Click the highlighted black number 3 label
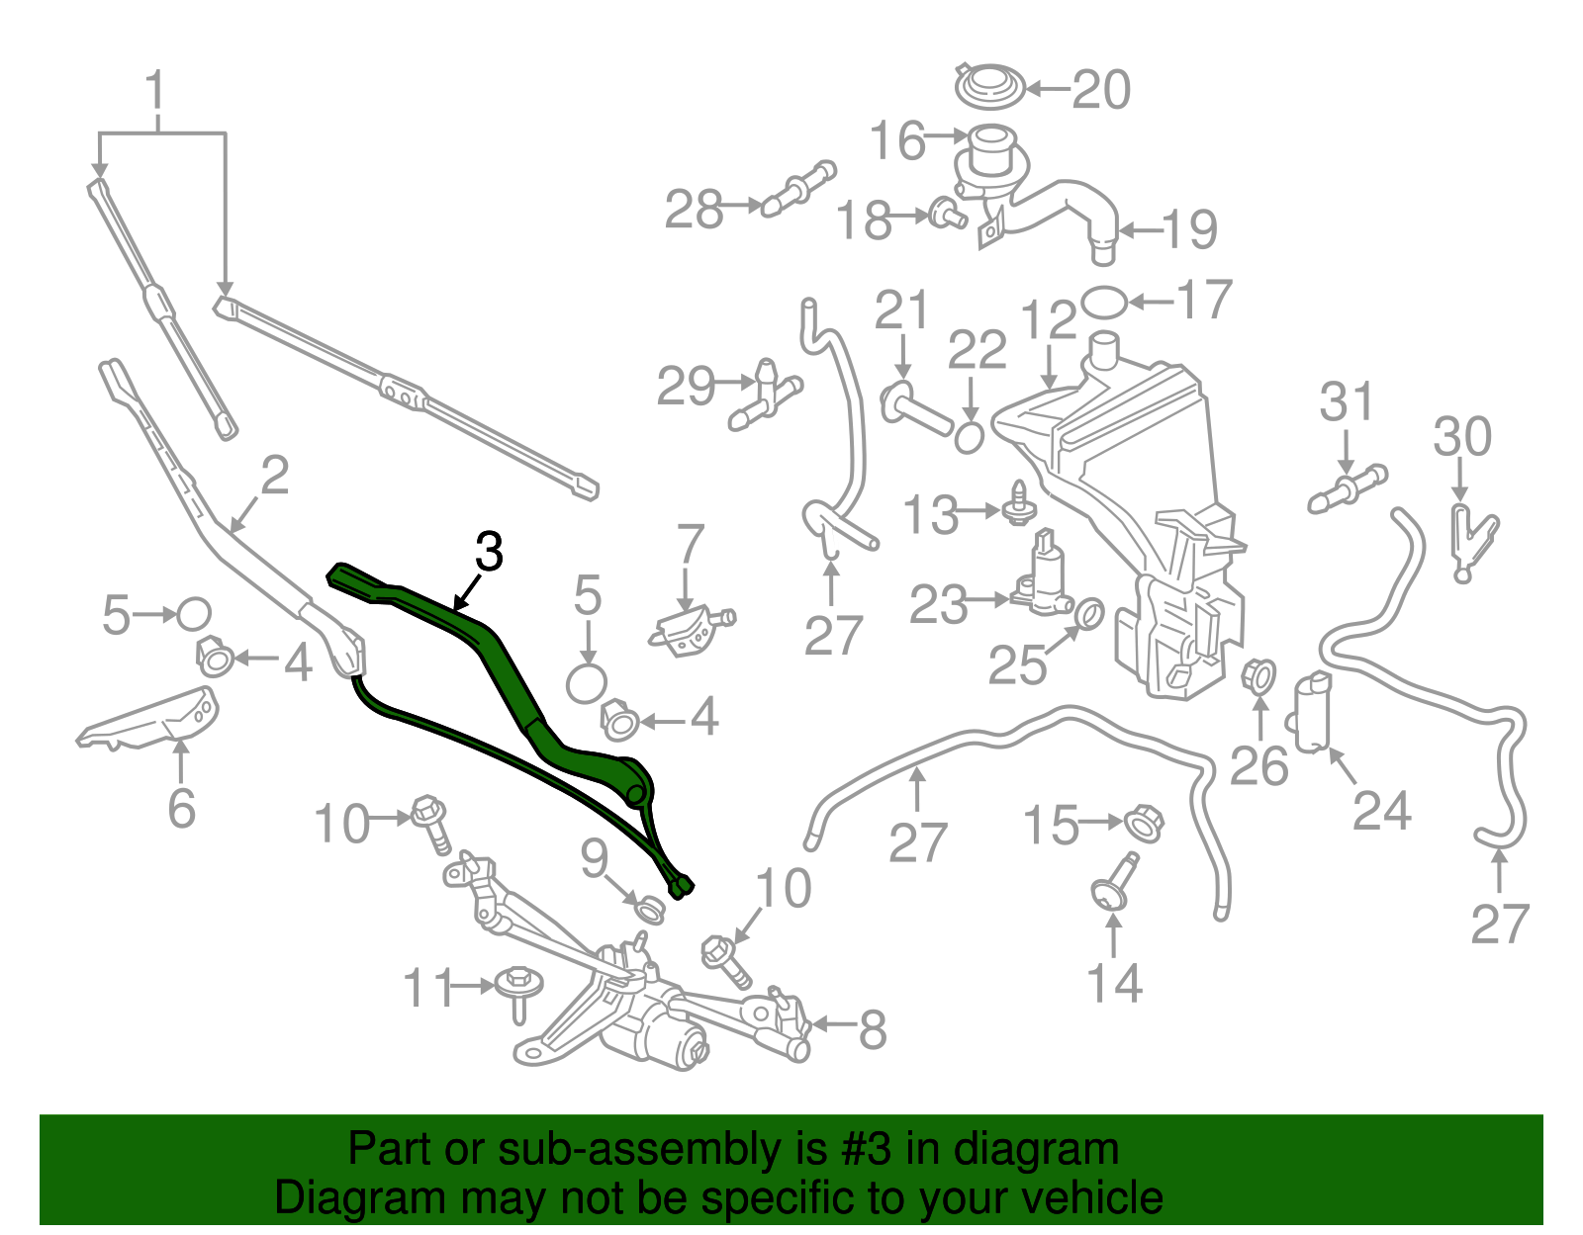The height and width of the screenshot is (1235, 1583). pyautogui.click(x=489, y=552)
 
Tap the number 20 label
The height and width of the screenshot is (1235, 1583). pyautogui.click(x=1100, y=90)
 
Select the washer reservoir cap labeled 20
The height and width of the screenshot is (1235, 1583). pyautogui.click(x=990, y=85)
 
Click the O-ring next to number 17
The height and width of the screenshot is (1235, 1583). pyautogui.click(x=1103, y=302)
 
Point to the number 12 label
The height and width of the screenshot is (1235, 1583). pyautogui.click(x=1049, y=322)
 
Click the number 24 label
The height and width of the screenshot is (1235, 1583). pyautogui.click(x=1381, y=811)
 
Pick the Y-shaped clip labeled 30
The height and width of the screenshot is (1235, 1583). pyautogui.click(x=1471, y=540)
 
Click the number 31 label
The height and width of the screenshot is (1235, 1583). pyautogui.click(x=1347, y=402)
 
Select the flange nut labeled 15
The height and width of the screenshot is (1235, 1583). pyautogui.click(x=1145, y=822)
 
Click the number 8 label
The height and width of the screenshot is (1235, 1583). pyautogui.click(x=872, y=1030)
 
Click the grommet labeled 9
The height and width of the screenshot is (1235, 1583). pyautogui.click(x=648, y=908)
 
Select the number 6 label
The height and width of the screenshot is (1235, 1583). pyautogui.click(x=181, y=809)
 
